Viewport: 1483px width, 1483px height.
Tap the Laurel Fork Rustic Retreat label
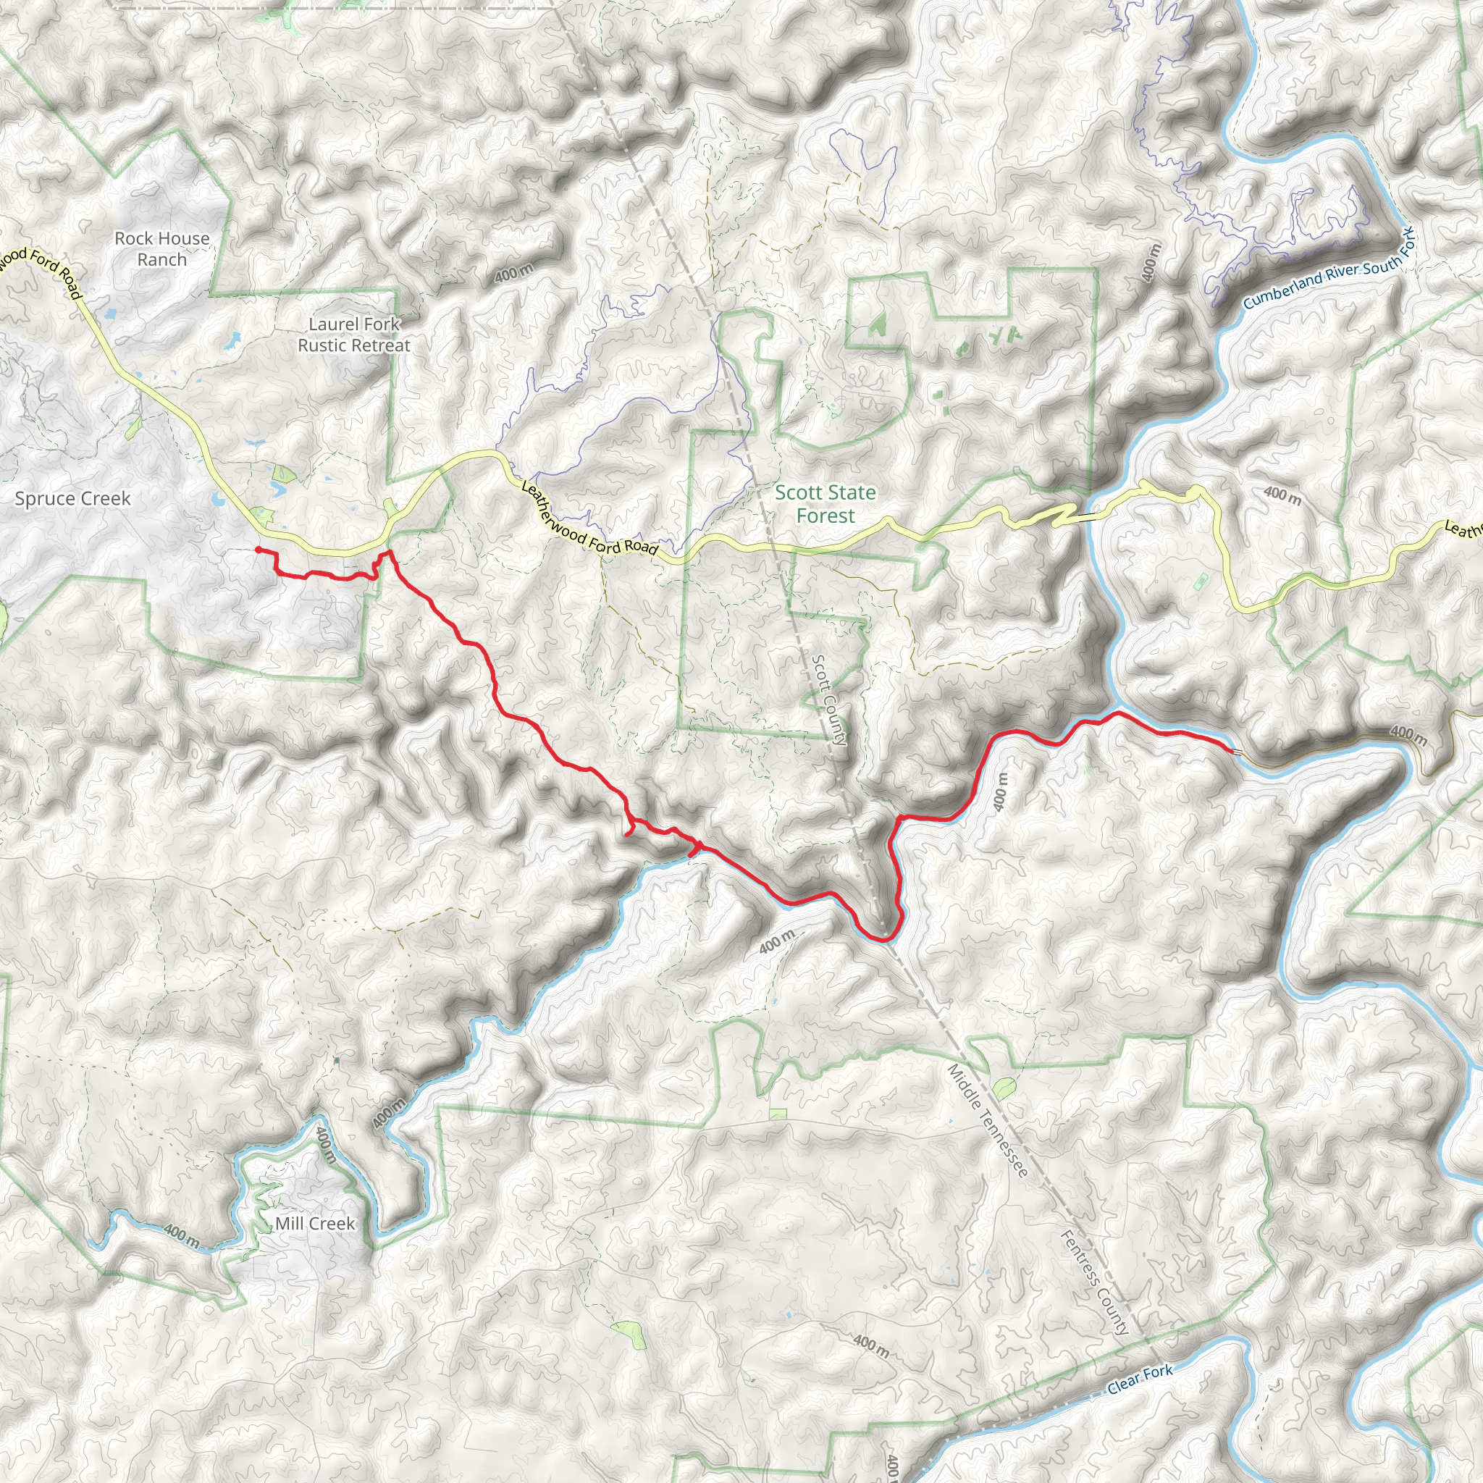click(x=354, y=335)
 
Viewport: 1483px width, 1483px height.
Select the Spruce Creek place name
click(x=73, y=498)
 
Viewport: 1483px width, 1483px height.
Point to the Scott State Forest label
click(x=825, y=503)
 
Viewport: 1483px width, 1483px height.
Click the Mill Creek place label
click(x=315, y=1224)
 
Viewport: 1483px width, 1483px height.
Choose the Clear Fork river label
click(x=1140, y=1379)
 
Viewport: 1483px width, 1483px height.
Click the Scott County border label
click(x=830, y=700)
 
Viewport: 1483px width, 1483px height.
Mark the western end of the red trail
click(x=257, y=549)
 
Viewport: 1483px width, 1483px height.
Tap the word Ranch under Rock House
click(x=162, y=259)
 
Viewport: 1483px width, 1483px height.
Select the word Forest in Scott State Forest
click(x=825, y=516)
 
